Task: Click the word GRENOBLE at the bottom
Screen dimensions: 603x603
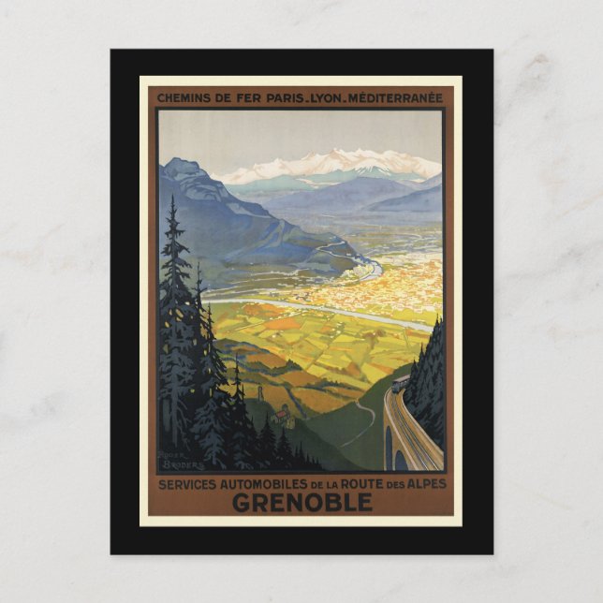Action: coord(301,503)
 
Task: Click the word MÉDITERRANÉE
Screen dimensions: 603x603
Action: coord(403,96)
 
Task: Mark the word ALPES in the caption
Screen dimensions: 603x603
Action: coord(426,483)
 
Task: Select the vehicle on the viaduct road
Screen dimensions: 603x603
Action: coord(400,382)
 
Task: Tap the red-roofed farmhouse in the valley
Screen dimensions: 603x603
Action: coord(281,416)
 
